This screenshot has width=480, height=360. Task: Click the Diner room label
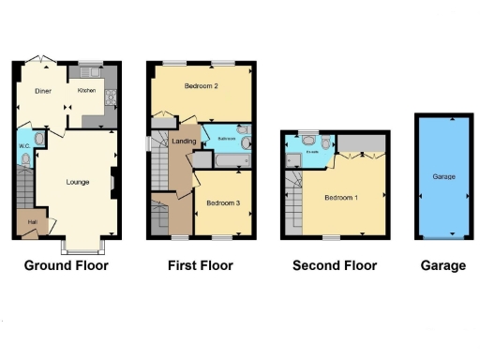point(43,91)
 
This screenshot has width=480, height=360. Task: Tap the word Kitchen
point(87,90)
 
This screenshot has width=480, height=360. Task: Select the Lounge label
point(78,181)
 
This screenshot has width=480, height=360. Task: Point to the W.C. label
point(24,146)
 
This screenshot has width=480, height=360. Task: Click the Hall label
point(30,222)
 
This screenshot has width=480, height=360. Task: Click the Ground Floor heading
point(66,265)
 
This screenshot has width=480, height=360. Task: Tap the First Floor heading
point(201,265)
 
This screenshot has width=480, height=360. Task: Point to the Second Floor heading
point(335,265)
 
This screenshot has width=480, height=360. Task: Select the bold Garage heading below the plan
point(443,265)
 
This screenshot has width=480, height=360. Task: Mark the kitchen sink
point(90,71)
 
